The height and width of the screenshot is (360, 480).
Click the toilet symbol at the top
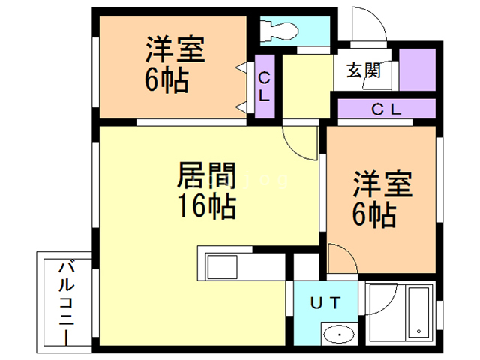279,29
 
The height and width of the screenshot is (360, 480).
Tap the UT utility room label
328,303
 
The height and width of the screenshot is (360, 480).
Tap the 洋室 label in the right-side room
382,185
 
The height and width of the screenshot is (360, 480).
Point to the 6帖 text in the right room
374,216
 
